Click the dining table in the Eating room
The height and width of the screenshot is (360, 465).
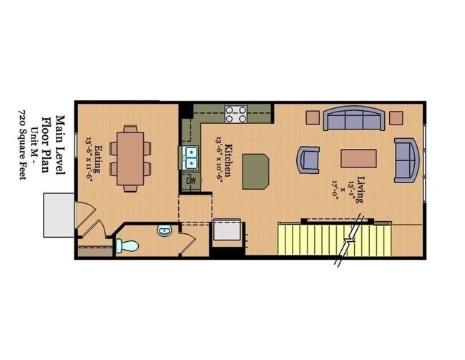pyautogui.click(x=131, y=158)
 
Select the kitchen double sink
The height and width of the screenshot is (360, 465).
pyautogui.click(x=191, y=157)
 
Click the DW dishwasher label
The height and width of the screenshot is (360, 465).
pyautogui.click(x=191, y=181)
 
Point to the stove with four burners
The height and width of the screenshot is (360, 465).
pyautogui.click(x=236, y=114)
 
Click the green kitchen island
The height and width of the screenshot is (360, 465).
pyautogui.click(x=255, y=172)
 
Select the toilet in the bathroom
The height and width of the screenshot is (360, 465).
pyautogui.click(x=128, y=245)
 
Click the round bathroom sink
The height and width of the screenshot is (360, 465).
pyautogui.click(x=164, y=231)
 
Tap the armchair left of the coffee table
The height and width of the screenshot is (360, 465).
pyautogui.click(x=308, y=159)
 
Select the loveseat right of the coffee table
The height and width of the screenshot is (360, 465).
pyautogui.click(x=406, y=159)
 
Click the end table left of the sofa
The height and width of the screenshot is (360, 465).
pyautogui.click(x=312, y=117)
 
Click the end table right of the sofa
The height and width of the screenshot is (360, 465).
pyautogui.click(x=396, y=117)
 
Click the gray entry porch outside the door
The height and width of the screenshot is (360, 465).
pyautogui.click(x=57, y=215)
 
